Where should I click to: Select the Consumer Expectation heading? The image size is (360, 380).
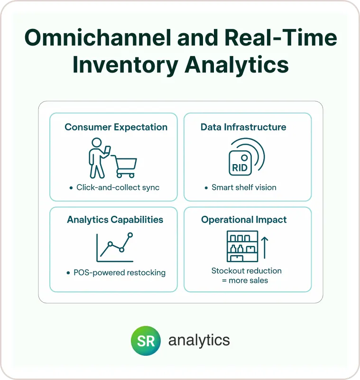click(116, 127)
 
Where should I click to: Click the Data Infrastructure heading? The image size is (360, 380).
click(243, 127)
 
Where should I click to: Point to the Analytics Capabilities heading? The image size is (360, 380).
click(115, 220)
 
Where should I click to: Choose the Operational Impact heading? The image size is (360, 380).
click(244, 220)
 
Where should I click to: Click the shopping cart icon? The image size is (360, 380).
click(124, 167)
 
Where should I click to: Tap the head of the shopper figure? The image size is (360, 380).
click(97, 143)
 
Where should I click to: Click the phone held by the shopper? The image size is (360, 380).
click(107, 150)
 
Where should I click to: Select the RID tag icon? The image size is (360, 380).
click(240, 163)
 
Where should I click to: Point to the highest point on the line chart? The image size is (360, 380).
click(130, 235)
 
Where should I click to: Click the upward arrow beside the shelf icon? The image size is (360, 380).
click(265, 248)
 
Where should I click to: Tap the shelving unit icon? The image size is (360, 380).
click(242, 246)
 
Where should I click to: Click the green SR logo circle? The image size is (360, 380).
click(146, 341)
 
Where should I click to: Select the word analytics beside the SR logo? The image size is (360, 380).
click(199, 341)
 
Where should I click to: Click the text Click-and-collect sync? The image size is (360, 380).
click(118, 187)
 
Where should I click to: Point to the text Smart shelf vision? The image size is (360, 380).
click(244, 187)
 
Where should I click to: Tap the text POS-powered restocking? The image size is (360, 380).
click(120, 273)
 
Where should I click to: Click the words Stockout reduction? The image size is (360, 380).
click(247, 271)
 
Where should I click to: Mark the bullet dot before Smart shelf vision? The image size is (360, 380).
click(206, 188)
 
